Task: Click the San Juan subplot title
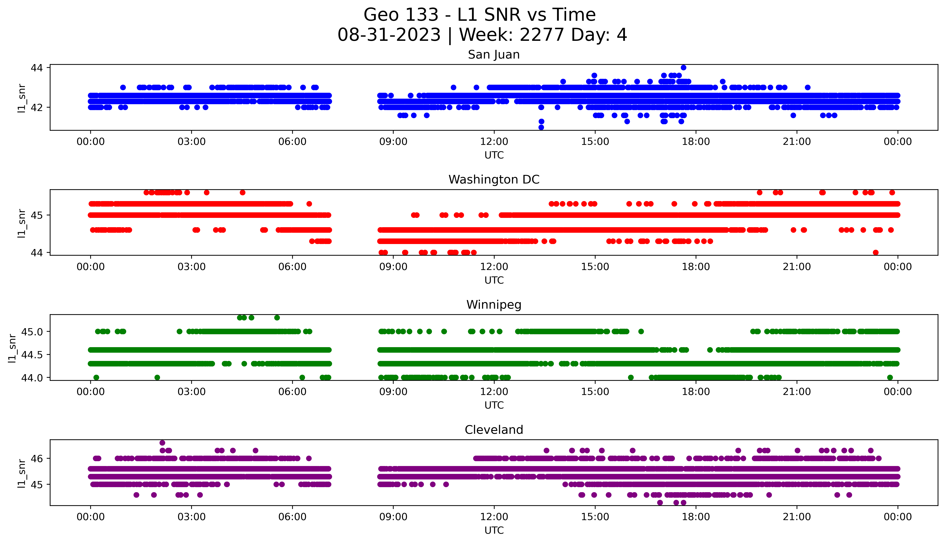(x=494, y=55)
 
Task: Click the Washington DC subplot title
(x=494, y=180)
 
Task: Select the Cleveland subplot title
(x=494, y=430)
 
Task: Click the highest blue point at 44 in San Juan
(x=683, y=67)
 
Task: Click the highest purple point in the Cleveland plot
(x=162, y=443)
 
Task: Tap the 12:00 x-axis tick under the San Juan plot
(x=494, y=142)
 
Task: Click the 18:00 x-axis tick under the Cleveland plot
(x=696, y=517)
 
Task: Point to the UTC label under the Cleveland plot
(x=494, y=530)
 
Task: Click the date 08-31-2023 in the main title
(x=389, y=35)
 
